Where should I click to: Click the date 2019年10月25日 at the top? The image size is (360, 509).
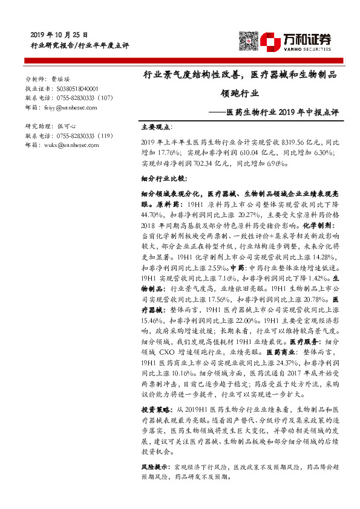pos(59,35)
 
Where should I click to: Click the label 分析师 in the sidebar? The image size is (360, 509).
pos(35,79)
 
